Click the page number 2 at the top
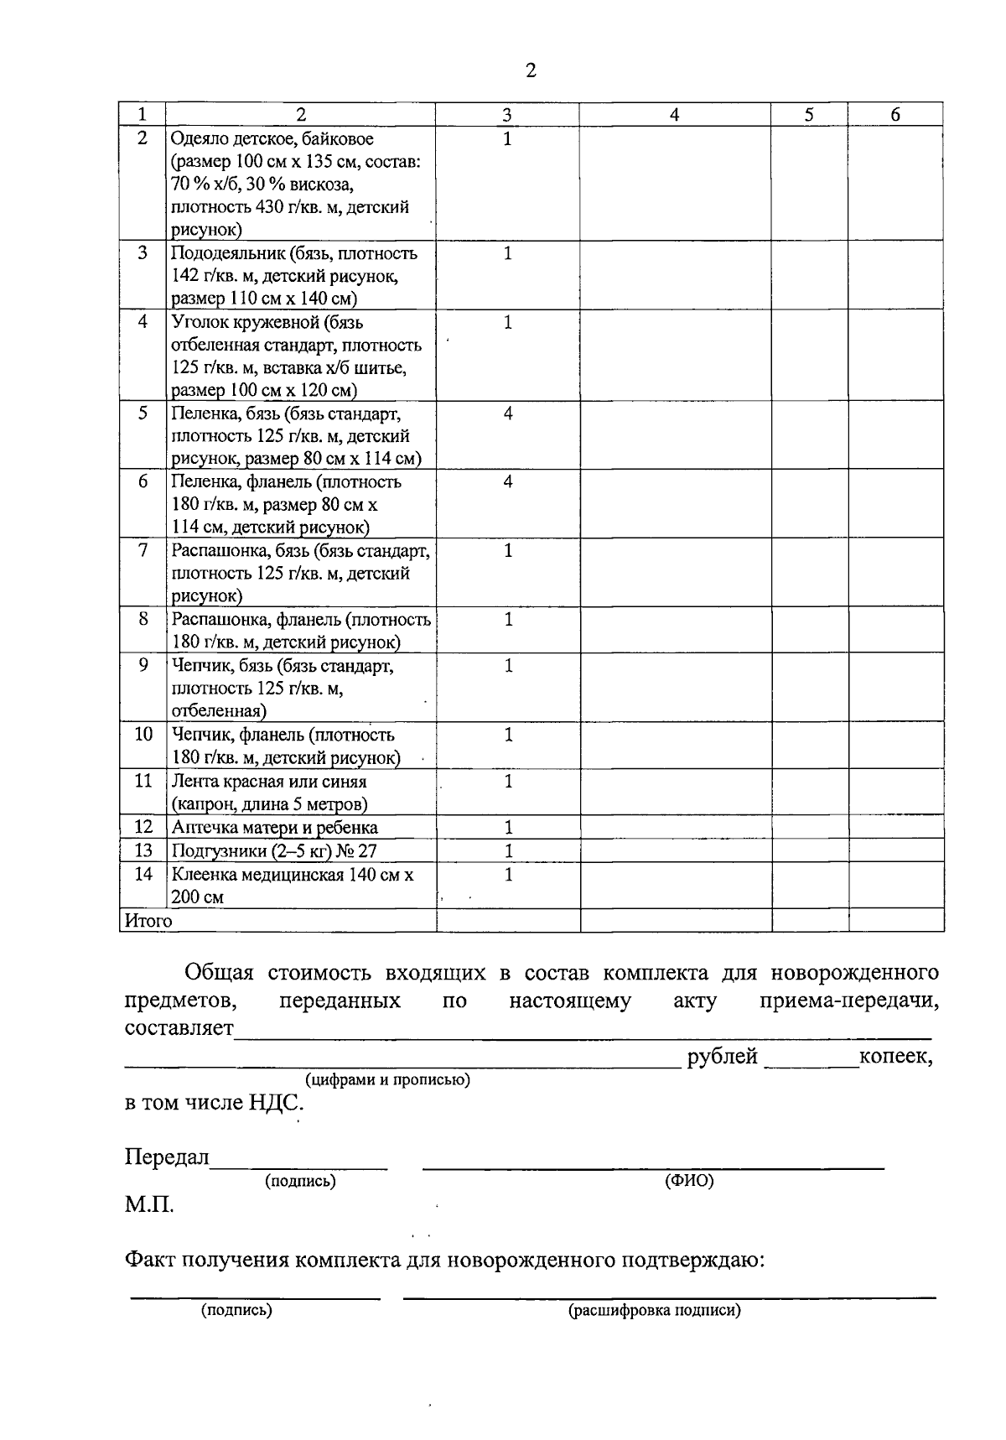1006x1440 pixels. [530, 70]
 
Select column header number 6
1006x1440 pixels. [895, 116]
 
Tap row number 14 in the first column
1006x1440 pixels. [143, 874]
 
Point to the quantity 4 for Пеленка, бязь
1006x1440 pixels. [507, 413]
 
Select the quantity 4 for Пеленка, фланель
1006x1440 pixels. [507, 482]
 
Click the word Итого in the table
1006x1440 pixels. [148, 921]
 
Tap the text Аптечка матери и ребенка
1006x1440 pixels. [274, 828]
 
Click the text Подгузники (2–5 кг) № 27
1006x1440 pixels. [274, 850]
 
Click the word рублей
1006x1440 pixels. [722, 1057]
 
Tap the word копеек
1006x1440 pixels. [895, 1057]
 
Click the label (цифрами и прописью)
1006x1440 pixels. [387, 1079]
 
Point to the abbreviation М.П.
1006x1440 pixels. [150, 1206]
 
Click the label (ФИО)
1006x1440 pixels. [688, 1181]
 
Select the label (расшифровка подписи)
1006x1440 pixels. [654, 1311]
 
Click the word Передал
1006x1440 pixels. [167, 1157]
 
